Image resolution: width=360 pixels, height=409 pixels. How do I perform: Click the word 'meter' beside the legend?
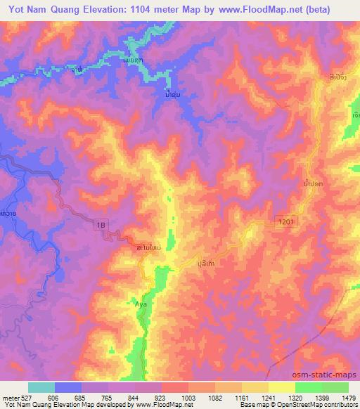pos(8,398)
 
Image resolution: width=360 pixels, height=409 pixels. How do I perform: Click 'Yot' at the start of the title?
pos(13,9)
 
